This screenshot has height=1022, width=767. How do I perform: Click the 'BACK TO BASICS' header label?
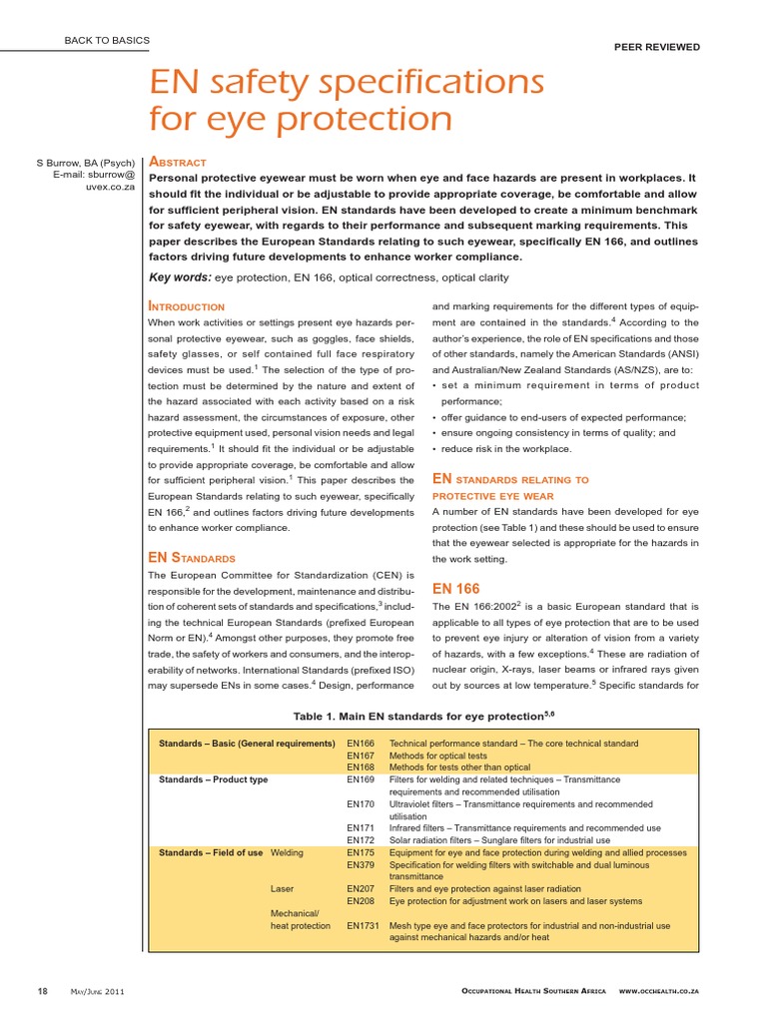106,41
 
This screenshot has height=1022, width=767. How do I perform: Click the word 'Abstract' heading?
177,162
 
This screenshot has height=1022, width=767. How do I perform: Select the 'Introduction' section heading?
186,305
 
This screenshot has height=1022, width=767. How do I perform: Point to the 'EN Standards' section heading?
191,557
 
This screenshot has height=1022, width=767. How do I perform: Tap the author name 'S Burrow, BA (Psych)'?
86,162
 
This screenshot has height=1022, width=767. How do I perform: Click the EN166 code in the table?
361,744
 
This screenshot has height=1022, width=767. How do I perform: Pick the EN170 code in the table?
361,803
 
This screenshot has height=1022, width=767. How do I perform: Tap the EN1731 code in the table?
363,925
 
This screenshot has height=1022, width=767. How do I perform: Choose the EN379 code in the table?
361,865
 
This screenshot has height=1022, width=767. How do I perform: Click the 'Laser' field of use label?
283,887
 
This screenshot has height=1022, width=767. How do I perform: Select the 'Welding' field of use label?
288,853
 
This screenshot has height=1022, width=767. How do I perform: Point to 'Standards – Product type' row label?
214,779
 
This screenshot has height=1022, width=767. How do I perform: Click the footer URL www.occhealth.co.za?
658,990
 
